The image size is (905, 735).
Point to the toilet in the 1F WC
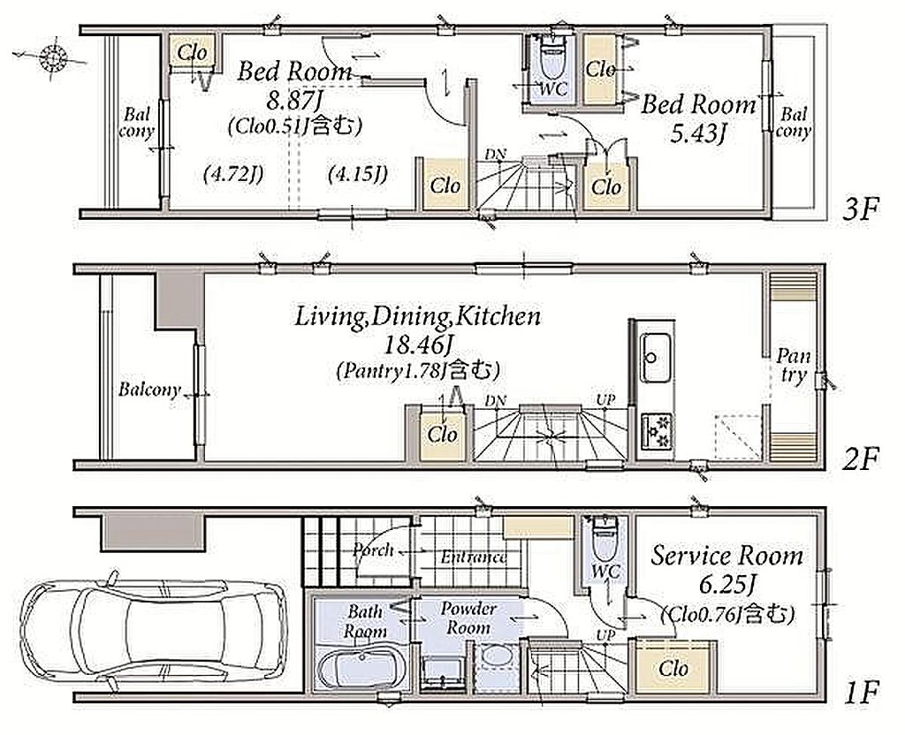click(605, 542)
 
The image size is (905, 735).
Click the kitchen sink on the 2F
click(657, 358)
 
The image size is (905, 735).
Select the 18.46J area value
click(417, 345)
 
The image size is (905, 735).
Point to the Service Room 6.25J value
click(726, 586)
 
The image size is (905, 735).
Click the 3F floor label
click(860, 210)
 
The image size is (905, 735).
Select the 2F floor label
click(860, 459)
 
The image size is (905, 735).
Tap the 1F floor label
click(861, 692)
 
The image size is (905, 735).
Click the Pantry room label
click(793, 365)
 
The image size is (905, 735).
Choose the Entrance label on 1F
click(474, 557)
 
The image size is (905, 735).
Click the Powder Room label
click(468, 618)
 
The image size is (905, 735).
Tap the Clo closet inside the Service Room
click(673, 669)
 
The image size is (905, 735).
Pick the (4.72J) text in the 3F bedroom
click(233, 173)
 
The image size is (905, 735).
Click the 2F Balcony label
click(148, 390)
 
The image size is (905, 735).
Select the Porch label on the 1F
click(373, 549)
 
